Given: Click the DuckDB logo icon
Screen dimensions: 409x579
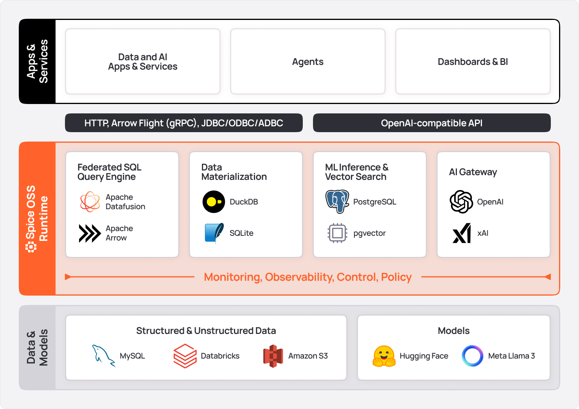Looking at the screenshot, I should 214,202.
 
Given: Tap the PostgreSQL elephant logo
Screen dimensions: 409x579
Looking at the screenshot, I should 337,201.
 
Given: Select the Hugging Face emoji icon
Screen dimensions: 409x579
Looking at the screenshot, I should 384,356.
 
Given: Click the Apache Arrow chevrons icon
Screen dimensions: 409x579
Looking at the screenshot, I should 90,233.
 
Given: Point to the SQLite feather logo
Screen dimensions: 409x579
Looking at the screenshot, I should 214,233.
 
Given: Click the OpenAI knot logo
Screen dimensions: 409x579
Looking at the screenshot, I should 461,202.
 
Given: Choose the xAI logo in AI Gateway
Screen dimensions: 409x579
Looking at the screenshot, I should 462,233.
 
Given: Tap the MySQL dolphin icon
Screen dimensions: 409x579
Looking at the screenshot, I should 103,356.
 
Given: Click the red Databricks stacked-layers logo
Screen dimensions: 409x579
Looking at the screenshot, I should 185,356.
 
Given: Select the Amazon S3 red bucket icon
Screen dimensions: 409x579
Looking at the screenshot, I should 273,356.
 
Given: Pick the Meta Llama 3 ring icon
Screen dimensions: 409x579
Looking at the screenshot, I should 473,356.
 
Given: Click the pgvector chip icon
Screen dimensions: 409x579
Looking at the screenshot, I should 337,233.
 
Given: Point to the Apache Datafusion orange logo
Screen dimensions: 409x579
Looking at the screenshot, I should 90,202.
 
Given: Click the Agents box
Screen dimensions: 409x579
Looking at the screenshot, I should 308,61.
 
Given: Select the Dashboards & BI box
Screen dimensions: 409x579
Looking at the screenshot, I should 473,61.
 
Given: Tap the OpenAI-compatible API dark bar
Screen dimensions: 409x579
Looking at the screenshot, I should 432,123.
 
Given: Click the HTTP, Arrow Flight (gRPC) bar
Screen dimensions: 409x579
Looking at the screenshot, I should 183,123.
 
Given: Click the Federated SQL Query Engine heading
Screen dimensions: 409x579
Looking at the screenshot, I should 109,172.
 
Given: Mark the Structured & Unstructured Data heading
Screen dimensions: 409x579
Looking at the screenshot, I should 206,331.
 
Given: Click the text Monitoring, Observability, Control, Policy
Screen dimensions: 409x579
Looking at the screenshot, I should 307,277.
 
